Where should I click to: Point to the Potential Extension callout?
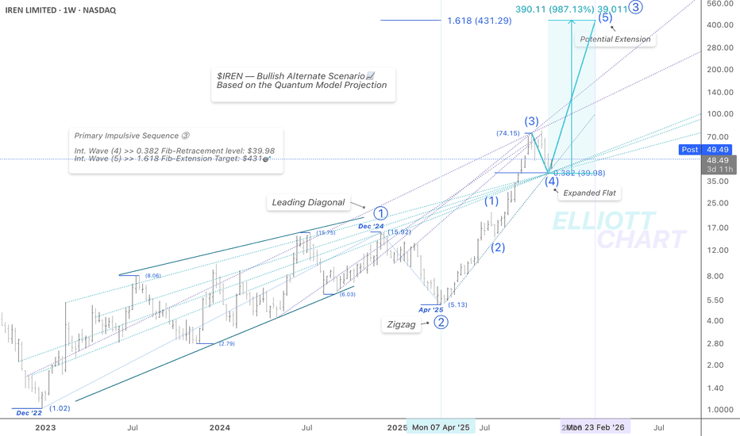point(615,39)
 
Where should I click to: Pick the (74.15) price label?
point(507,133)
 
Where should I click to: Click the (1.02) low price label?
point(60,408)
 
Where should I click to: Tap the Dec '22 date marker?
point(29,413)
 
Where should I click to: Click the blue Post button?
point(690,149)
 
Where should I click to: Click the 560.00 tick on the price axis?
point(719,3)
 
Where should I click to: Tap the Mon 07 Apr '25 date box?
point(441,428)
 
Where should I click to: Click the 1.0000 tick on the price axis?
point(719,409)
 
